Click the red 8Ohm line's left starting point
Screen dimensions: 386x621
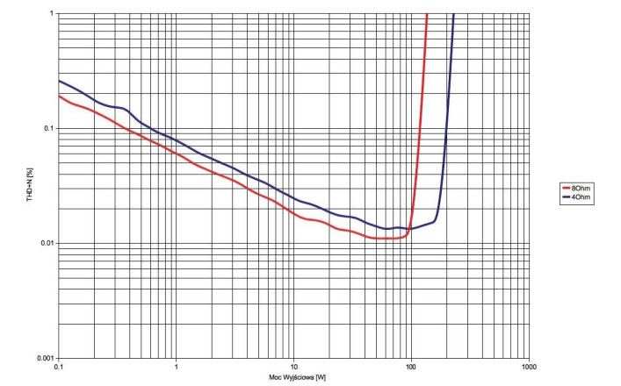click(x=59, y=96)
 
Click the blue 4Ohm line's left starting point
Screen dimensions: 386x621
click(x=59, y=81)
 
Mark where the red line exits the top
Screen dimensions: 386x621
click(x=427, y=14)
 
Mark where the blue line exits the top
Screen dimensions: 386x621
click(x=453, y=14)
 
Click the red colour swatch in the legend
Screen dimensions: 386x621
click(x=566, y=189)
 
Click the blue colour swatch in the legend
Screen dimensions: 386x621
click(x=566, y=197)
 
